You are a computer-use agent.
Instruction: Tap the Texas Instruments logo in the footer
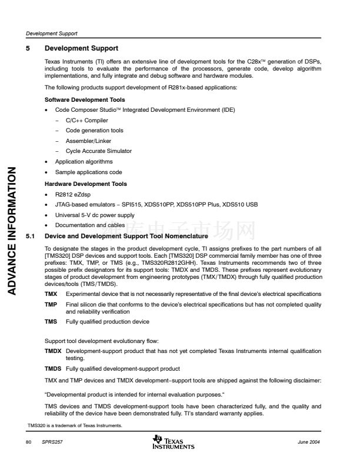(173, 442)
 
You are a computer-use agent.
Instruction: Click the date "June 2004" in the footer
(309, 442)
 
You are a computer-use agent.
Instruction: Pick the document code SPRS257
(51, 442)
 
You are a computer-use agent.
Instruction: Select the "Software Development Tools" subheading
(85, 100)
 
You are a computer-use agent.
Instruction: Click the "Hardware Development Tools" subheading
(86, 184)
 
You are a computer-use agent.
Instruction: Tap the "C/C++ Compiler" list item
(86, 121)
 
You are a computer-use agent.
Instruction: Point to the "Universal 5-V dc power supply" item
(94, 215)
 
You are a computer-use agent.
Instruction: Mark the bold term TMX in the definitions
(51, 293)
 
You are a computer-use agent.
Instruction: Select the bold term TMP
(51, 304)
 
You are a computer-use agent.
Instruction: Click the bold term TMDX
(54, 351)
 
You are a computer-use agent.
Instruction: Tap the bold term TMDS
(54, 368)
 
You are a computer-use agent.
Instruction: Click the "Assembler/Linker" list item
(88, 141)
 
